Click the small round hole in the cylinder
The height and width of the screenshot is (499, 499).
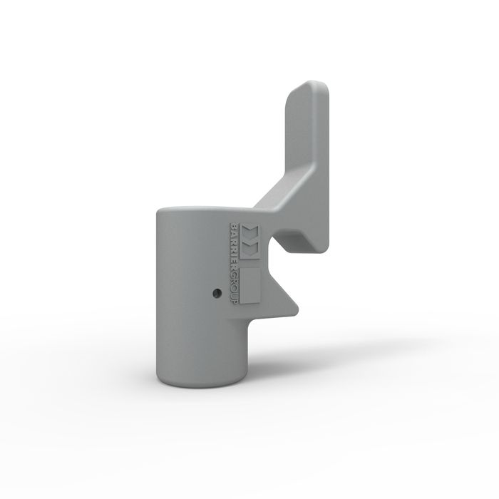tap(217, 292)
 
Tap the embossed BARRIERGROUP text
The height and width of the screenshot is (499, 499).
tap(234, 264)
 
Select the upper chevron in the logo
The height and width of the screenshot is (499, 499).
tap(250, 233)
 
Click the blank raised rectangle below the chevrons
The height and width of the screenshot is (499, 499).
tap(250, 285)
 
